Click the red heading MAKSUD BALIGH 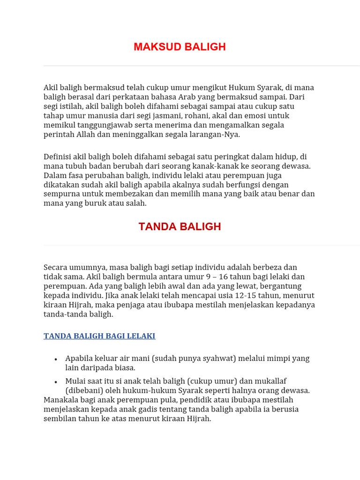tap(180, 47)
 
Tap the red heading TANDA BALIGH tap(180, 227)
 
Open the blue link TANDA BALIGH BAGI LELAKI tap(99, 336)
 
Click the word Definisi tap(59, 157)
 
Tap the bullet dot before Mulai tap(56, 382)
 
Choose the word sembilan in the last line tap(60, 419)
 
